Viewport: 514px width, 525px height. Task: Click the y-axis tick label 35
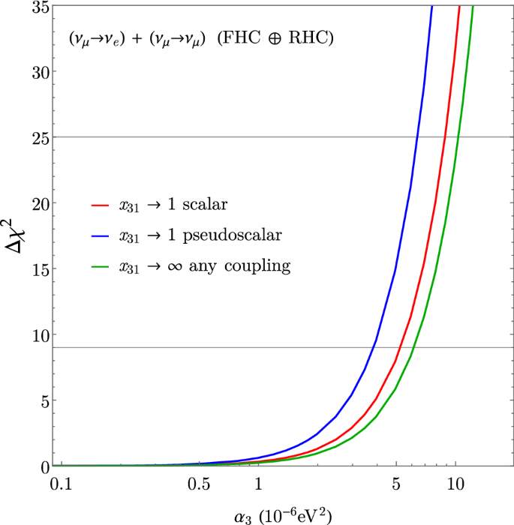pos(39,7)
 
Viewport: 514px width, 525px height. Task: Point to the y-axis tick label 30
pos(39,72)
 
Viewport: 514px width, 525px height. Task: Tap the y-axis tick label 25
pos(39,138)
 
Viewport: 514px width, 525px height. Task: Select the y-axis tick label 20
pos(39,203)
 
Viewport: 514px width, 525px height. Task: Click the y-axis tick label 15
pos(39,269)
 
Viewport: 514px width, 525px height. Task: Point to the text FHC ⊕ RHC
pos(275,39)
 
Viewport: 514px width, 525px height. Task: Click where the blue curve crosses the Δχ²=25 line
pos(417,137)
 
